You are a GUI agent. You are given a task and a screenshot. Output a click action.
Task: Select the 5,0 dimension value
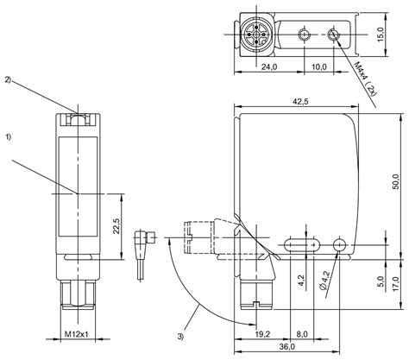coord(381,281)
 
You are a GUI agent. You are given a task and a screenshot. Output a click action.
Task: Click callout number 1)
coord(9,137)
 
